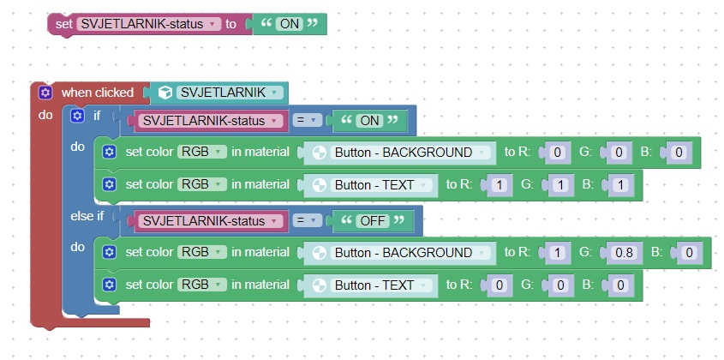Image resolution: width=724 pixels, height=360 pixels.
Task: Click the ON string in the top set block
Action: tap(289, 24)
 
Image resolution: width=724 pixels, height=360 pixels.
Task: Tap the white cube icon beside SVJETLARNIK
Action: tap(165, 93)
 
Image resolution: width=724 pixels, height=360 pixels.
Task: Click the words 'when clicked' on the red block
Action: tap(97, 93)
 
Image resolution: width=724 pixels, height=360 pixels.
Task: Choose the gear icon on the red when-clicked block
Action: tap(46, 93)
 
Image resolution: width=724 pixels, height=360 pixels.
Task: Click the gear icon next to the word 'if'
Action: tap(77, 115)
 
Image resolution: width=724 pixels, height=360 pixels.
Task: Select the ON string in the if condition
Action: tap(370, 121)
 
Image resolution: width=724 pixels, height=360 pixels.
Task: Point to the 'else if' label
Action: tap(87, 217)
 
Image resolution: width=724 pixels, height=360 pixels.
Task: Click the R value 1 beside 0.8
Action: tap(559, 253)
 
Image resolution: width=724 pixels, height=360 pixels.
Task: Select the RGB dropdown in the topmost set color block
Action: tap(201, 153)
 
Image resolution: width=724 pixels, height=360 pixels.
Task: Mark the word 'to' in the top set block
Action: tap(230, 24)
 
